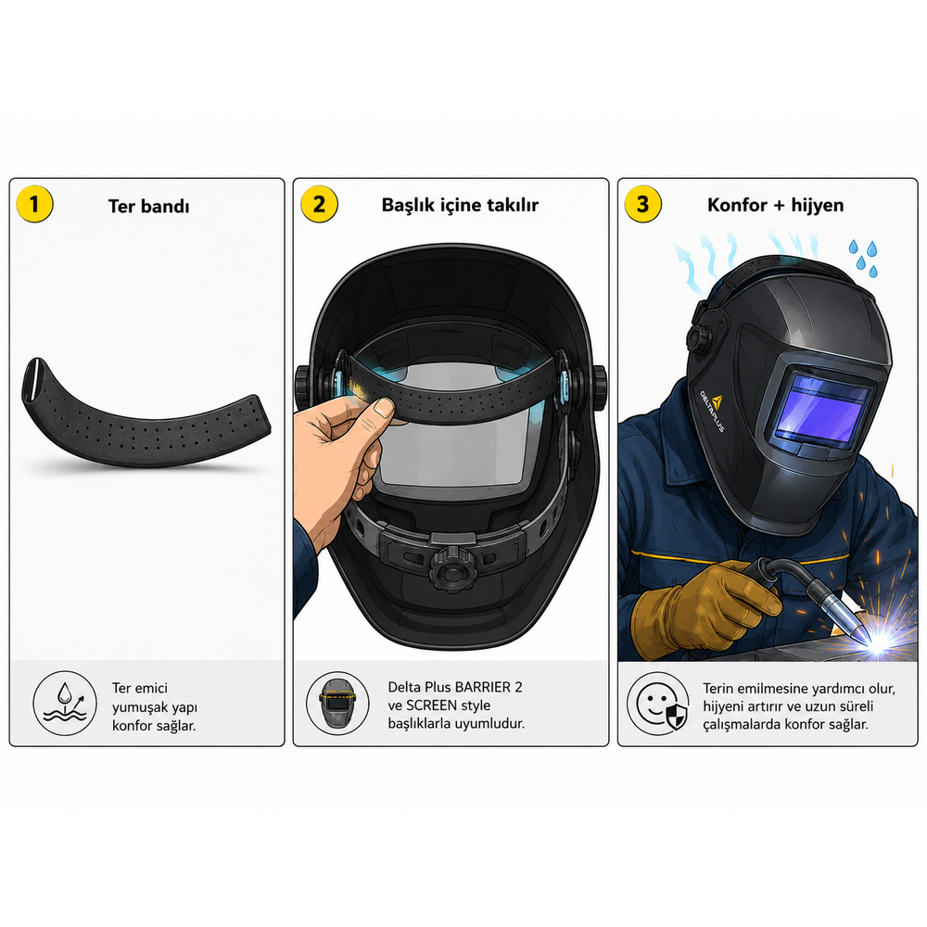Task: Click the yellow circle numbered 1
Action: [34, 205]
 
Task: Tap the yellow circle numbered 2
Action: [319, 205]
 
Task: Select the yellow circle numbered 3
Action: [643, 205]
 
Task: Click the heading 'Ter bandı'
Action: [149, 207]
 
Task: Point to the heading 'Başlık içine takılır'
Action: [460, 205]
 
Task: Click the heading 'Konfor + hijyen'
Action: [776, 205]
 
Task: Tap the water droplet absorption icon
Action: [65, 704]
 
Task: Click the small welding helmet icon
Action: [337, 704]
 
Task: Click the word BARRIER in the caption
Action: [483, 687]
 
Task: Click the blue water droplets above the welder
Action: [864, 258]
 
